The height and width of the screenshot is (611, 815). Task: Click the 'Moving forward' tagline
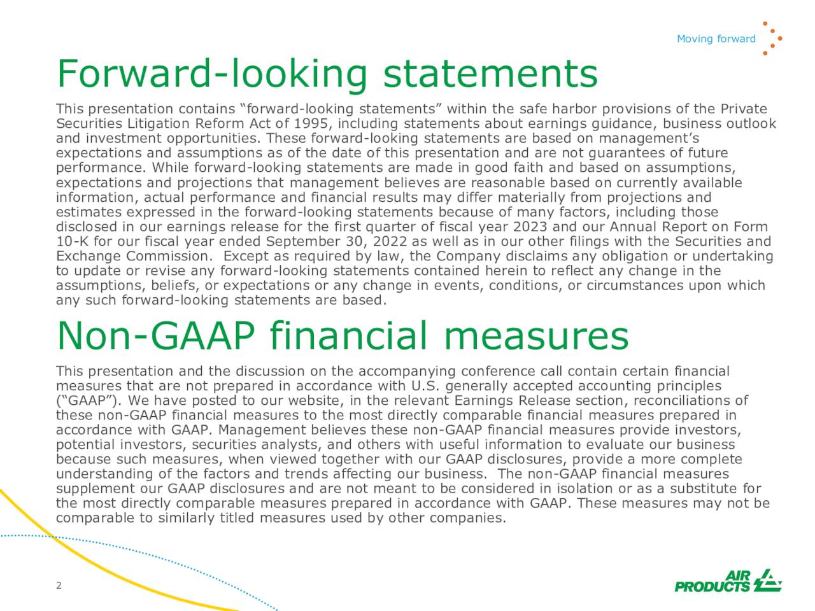(716, 39)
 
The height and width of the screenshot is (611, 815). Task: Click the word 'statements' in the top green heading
(490, 74)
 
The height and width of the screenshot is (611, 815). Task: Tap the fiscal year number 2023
(534, 227)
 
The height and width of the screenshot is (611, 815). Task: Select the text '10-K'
(69, 242)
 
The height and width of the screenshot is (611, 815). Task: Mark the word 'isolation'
(585, 489)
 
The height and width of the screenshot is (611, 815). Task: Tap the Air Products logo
(728, 580)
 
